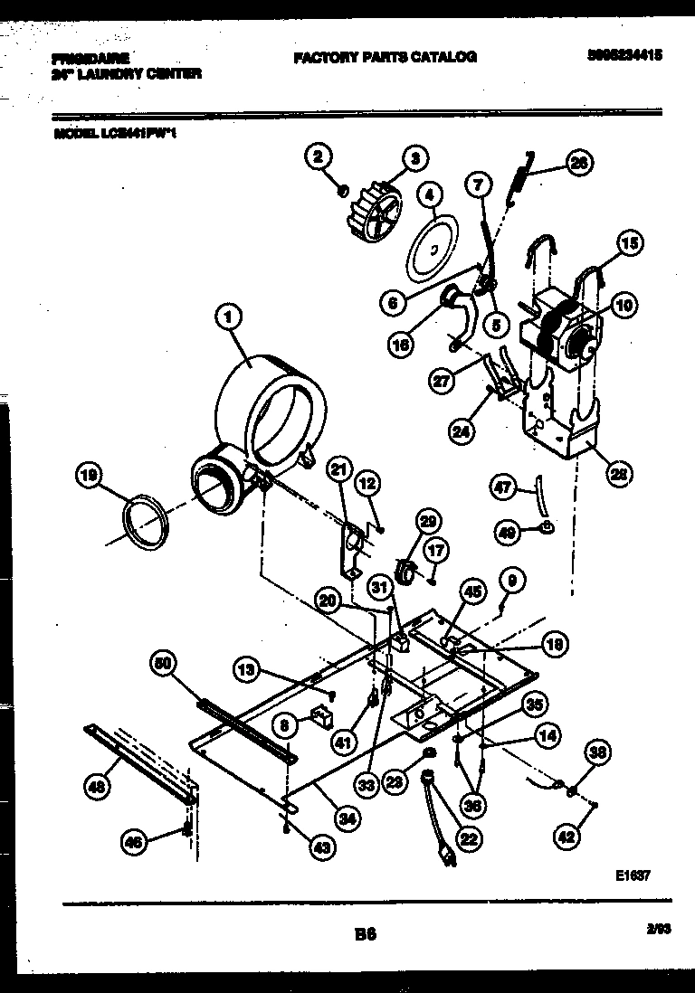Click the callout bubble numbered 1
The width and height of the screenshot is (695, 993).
click(229, 317)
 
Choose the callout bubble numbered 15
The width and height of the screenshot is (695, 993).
click(629, 242)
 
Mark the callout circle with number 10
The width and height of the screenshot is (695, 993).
click(622, 305)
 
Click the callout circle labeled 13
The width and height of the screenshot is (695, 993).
click(245, 670)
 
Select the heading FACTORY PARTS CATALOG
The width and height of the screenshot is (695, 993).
click(385, 57)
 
